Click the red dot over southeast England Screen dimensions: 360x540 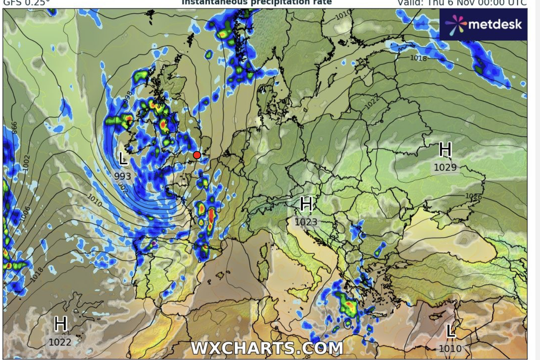click(x=197, y=155)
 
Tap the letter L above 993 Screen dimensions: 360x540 click(x=123, y=158)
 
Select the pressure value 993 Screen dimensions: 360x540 click(x=122, y=176)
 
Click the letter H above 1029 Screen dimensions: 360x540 click(x=445, y=149)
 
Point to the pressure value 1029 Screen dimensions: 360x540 click(x=445, y=168)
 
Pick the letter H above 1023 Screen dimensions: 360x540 click(x=306, y=204)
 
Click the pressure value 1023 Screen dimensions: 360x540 click(x=306, y=222)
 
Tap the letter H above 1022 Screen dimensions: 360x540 click(x=60, y=324)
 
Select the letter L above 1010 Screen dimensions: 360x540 click(x=450, y=332)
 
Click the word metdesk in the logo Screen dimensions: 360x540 click(x=495, y=24)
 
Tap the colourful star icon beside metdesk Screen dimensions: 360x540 click(x=456, y=24)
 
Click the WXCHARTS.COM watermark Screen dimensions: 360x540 click(x=267, y=348)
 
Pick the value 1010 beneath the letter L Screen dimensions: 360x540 click(x=450, y=348)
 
